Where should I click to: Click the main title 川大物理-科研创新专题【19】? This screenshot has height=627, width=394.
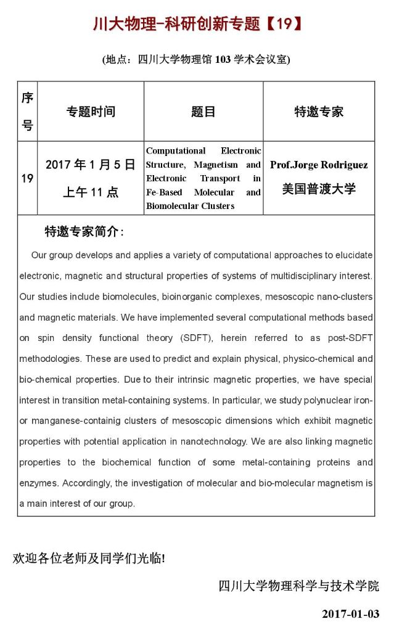(x=197, y=24)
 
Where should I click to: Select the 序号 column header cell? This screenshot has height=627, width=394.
(x=27, y=112)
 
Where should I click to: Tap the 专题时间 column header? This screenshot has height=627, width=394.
(x=91, y=112)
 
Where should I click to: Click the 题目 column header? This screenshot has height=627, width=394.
(x=203, y=112)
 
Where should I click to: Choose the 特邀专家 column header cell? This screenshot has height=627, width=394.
(x=319, y=112)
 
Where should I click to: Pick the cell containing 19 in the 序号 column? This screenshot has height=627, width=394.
(x=27, y=179)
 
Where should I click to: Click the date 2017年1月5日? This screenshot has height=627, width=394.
(x=91, y=165)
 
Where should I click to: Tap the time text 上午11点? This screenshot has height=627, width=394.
(x=91, y=192)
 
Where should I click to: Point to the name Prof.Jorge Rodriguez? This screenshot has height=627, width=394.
(x=319, y=165)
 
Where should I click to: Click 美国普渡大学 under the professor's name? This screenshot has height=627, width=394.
(x=319, y=189)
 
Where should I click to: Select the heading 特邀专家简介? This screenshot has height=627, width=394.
(x=84, y=232)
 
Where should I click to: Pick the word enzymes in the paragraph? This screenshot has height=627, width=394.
(x=39, y=483)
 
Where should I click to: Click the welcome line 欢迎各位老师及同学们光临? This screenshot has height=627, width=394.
(x=89, y=559)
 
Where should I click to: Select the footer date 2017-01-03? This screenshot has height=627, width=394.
(x=350, y=614)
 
